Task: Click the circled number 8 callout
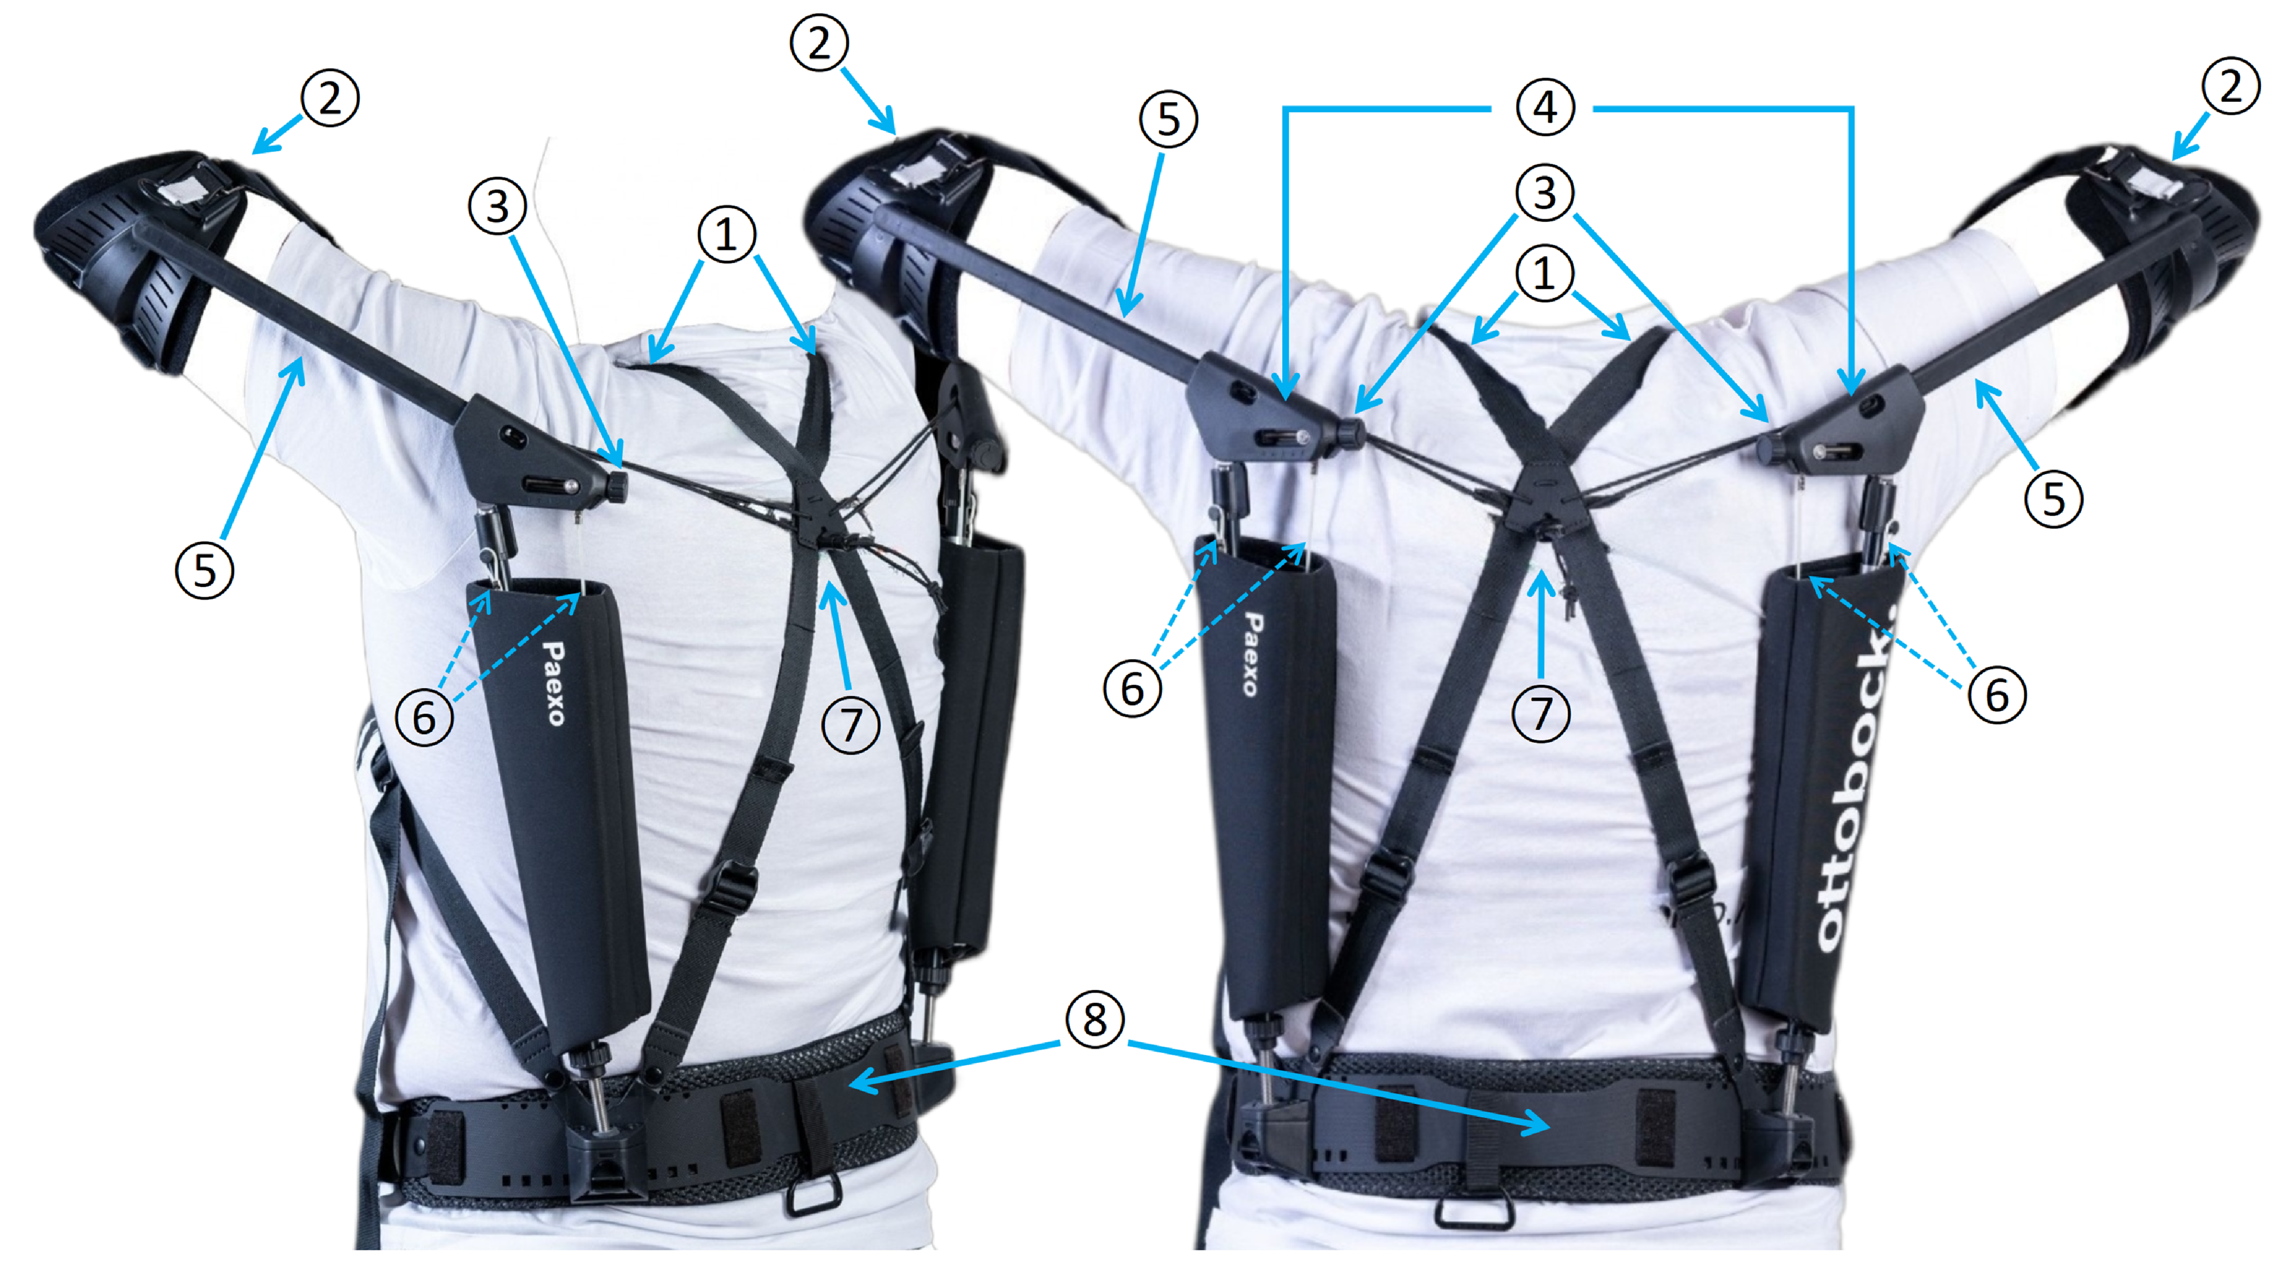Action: point(1094,1019)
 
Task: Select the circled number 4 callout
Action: point(1546,108)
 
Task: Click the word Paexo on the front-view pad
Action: point(552,684)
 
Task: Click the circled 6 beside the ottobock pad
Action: point(1997,694)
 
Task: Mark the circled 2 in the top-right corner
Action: point(2230,86)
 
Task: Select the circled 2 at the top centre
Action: point(818,43)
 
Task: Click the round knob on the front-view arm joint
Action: point(615,485)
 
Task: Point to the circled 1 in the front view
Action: point(727,235)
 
